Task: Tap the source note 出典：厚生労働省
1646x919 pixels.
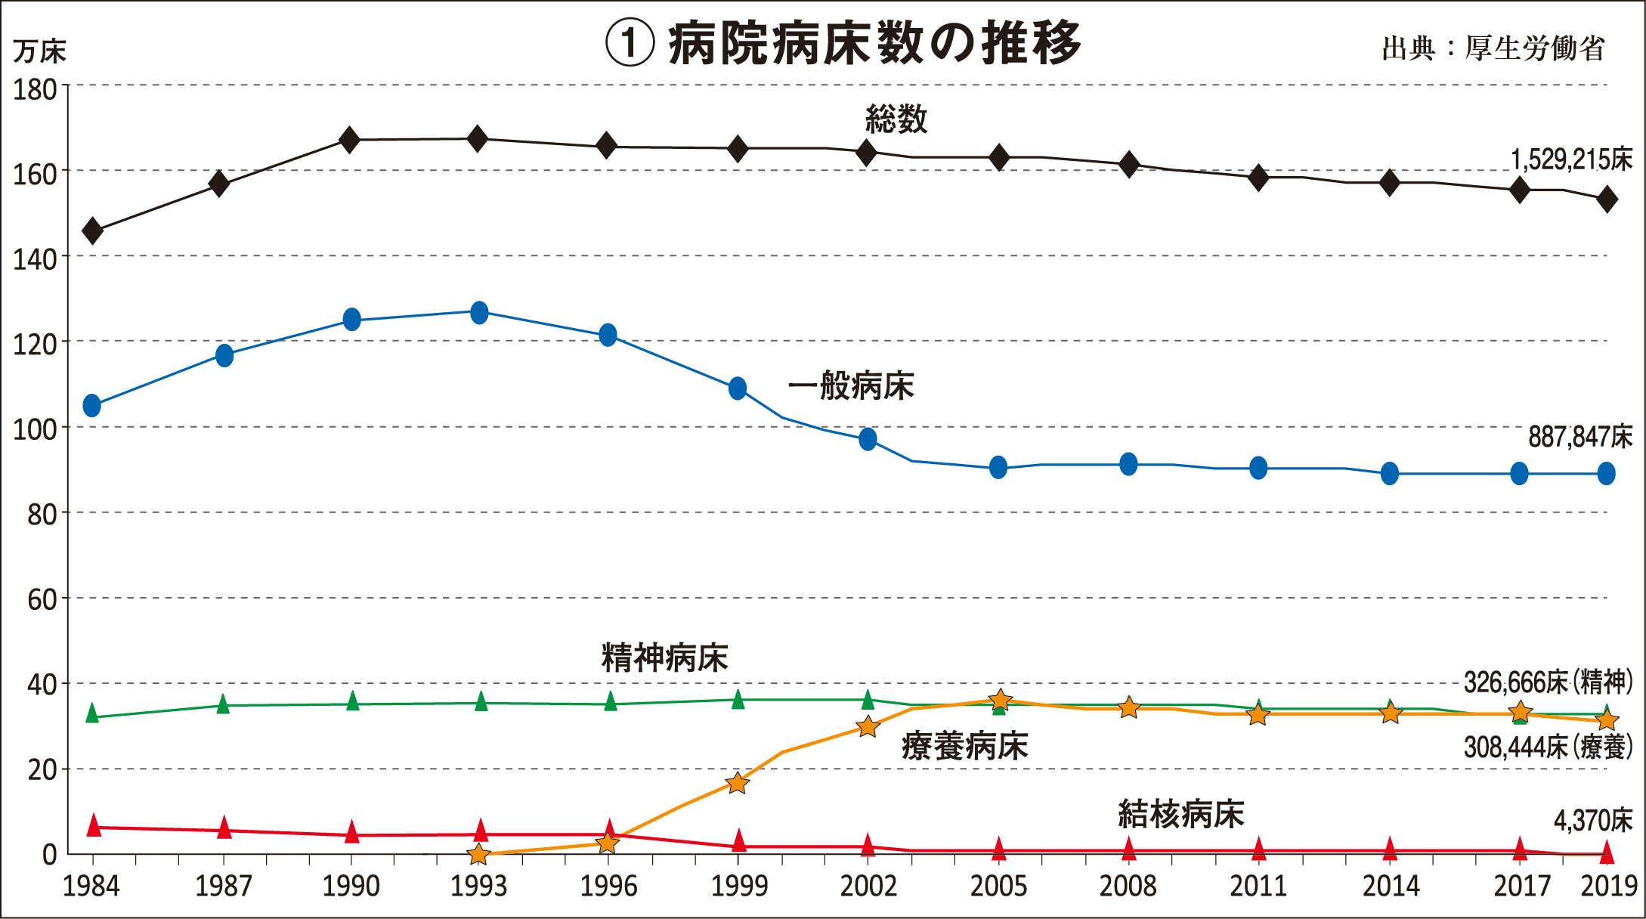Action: (1493, 49)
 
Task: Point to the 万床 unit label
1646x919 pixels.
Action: (39, 51)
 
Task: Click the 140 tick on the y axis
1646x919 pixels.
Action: (35, 259)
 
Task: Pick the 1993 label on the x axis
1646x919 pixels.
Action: (478, 886)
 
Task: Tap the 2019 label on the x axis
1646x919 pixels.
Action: (1609, 886)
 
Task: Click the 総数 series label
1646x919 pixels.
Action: (896, 119)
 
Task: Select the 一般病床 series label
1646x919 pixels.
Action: (851, 386)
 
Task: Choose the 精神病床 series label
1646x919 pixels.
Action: (664, 658)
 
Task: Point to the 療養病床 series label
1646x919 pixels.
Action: (964, 747)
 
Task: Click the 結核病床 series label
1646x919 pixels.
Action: (1180, 815)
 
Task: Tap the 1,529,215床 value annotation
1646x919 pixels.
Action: (1571, 159)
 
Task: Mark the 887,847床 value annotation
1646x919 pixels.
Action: (1580, 437)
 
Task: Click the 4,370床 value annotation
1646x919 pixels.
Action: (1592, 821)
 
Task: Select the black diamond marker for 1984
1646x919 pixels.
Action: (92, 231)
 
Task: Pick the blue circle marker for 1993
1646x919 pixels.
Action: (479, 312)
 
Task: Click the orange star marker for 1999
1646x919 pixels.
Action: (738, 783)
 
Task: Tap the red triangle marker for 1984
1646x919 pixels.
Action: (94, 825)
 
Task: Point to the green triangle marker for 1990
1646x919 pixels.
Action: (352, 701)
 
